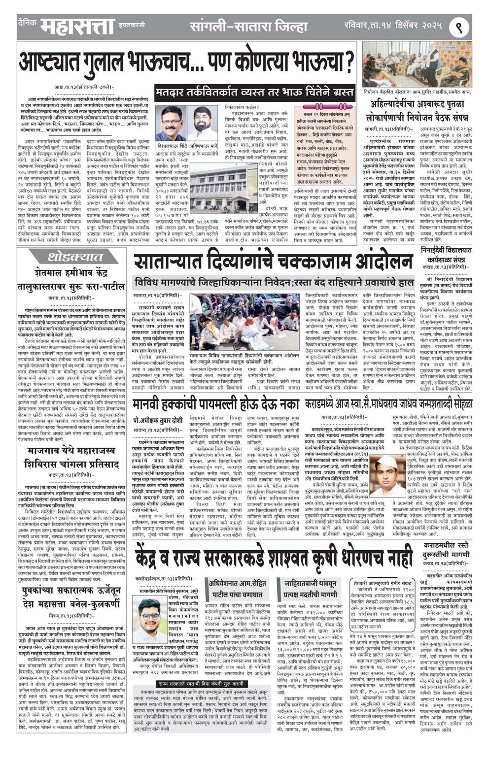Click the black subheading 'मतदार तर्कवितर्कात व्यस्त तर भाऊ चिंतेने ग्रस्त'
click(x=254, y=92)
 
